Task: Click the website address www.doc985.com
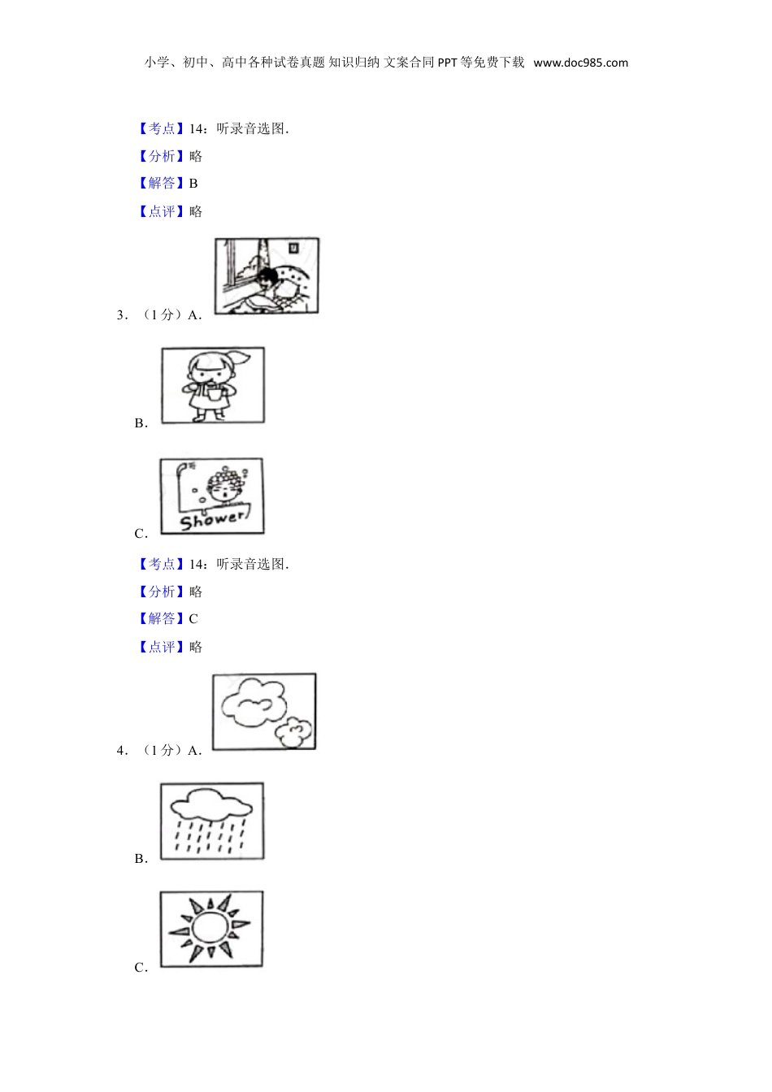click(580, 63)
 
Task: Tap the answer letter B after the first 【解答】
click(193, 184)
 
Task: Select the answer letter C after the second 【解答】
click(193, 618)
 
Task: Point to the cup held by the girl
click(214, 393)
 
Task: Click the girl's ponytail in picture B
click(241, 357)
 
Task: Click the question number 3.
click(121, 315)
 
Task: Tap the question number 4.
click(121, 750)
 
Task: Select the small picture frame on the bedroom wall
click(293, 248)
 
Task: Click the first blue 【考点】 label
click(162, 128)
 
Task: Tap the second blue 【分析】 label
click(162, 591)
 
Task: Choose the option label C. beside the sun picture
click(141, 968)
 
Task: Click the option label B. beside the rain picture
click(141, 859)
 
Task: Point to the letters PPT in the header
click(447, 63)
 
